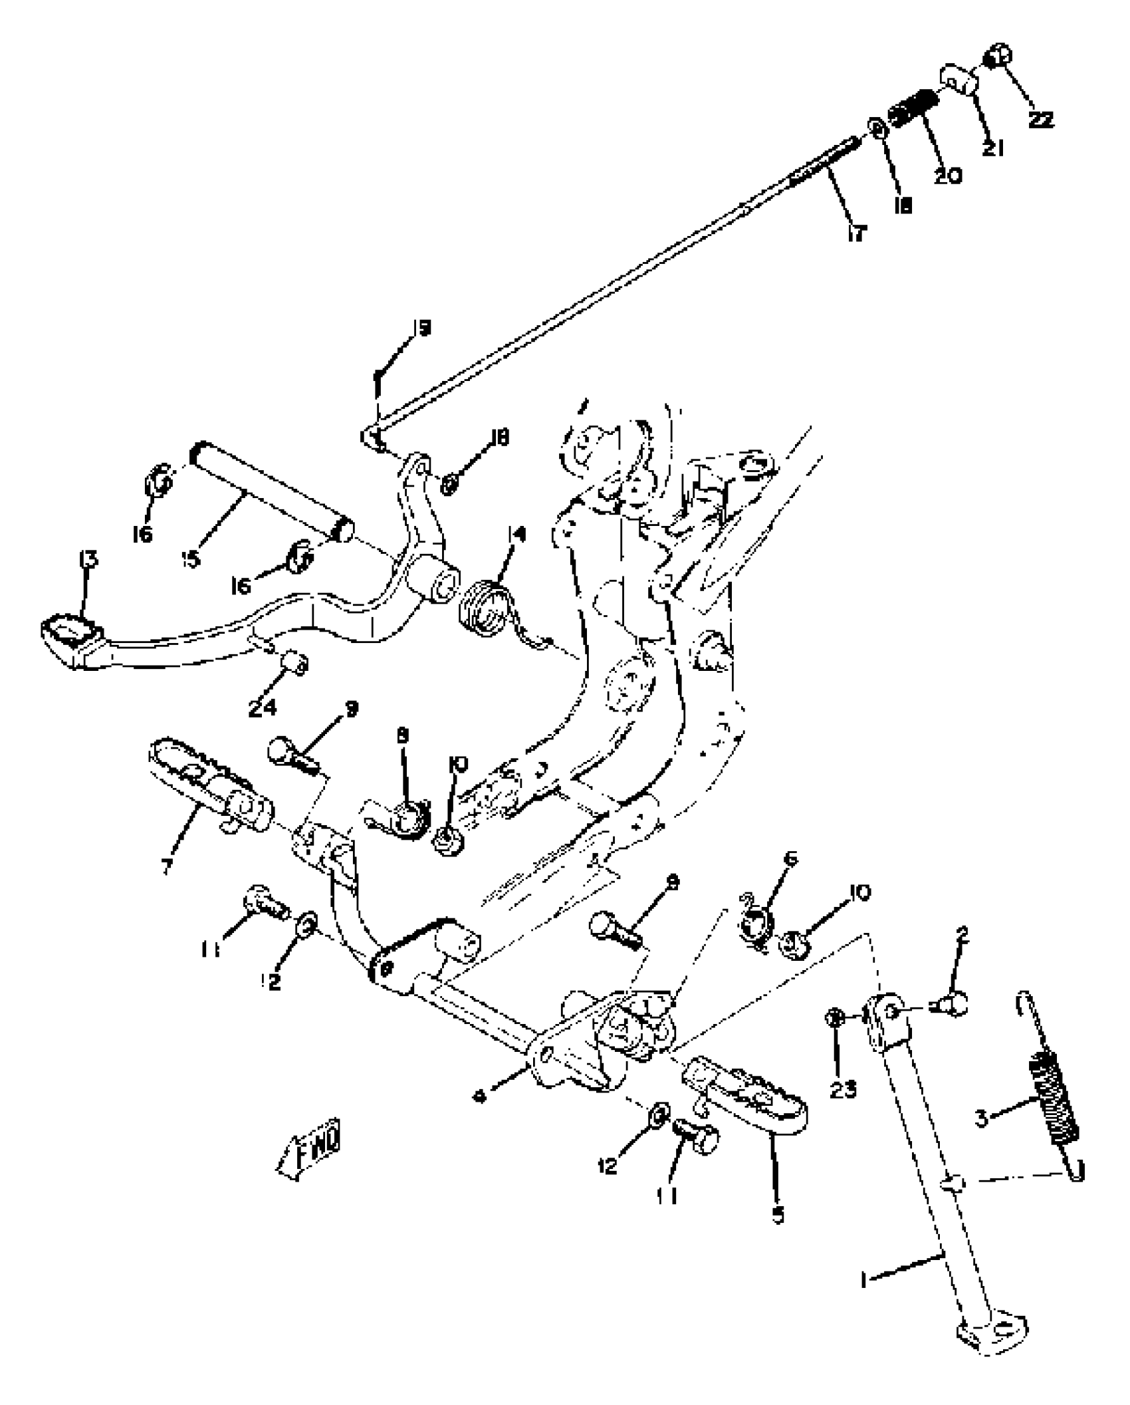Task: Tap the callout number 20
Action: (947, 176)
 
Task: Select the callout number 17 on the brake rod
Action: (857, 233)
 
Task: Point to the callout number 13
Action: (88, 560)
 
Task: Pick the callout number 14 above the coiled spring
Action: (516, 534)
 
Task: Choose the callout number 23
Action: (843, 1089)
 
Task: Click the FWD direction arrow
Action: (311, 1152)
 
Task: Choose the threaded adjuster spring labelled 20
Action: (914, 108)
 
